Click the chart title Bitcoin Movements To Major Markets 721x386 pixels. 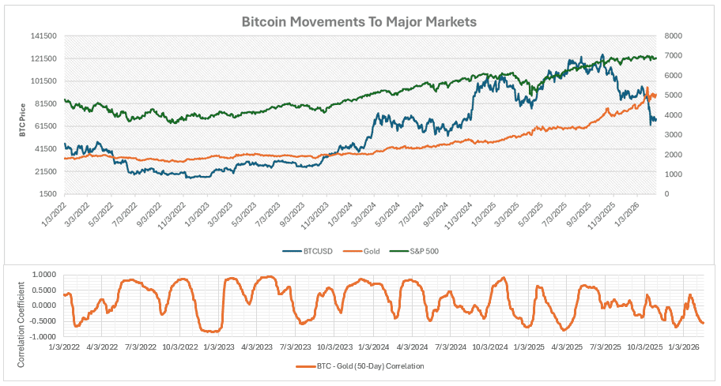pos(359,22)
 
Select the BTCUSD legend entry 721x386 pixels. pos(308,251)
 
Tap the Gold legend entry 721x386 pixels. pos(361,251)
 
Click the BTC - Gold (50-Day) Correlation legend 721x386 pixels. pos(360,366)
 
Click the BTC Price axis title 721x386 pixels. pos(22,120)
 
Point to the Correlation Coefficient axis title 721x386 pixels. pos(21,324)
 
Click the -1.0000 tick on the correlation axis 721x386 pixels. pos(44,336)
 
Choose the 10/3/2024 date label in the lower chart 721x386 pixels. pos(490,347)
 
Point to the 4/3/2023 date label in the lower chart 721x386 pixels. pos(257,347)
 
